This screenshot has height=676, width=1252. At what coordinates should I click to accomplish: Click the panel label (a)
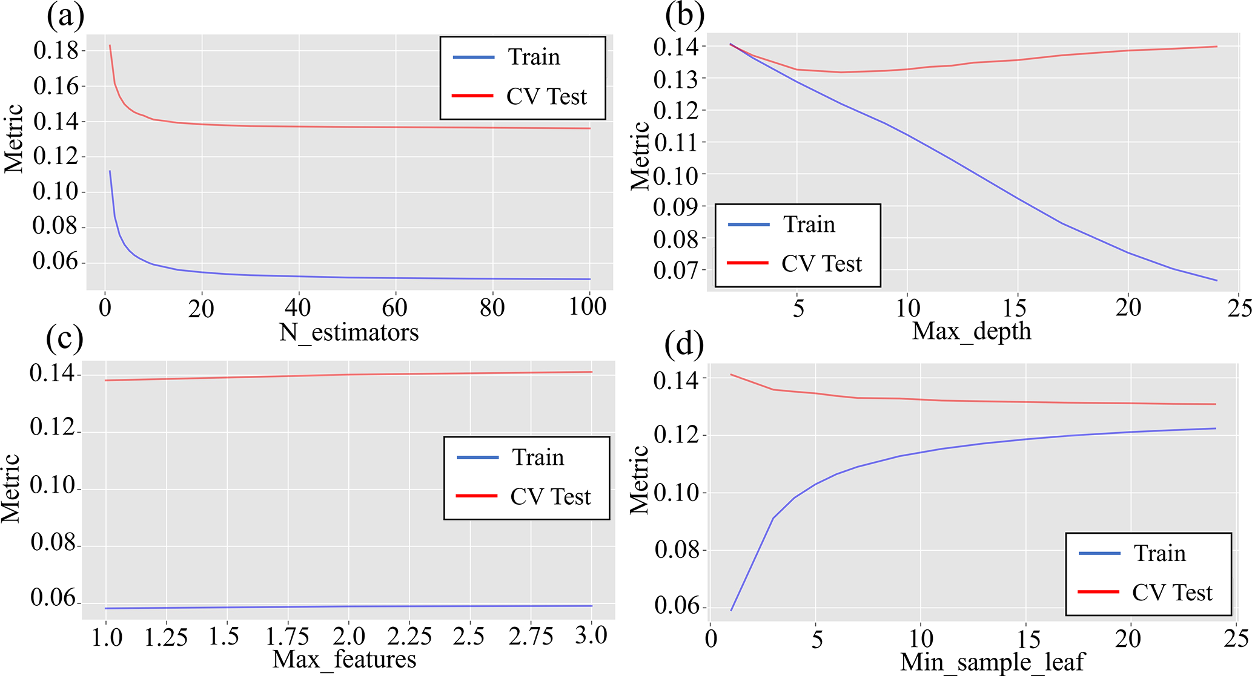(x=65, y=16)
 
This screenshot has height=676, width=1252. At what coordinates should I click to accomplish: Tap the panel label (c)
(x=65, y=340)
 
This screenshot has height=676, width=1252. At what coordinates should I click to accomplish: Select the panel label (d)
(x=684, y=345)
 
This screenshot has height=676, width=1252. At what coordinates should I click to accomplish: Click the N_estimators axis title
(x=349, y=332)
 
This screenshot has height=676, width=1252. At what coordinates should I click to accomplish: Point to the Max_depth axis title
(x=972, y=331)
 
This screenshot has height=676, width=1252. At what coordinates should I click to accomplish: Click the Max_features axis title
(x=344, y=659)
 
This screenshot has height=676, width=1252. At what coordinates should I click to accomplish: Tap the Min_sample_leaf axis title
(x=993, y=662)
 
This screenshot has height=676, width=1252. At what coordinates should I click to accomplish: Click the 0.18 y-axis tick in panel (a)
(x=56, y=51)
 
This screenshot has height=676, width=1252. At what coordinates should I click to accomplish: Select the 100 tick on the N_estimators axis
(x=588, y=307)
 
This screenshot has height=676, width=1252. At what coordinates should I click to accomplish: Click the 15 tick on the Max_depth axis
(x=1015, y=308)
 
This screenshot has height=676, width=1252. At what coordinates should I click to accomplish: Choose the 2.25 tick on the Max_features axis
(x=409, y=637)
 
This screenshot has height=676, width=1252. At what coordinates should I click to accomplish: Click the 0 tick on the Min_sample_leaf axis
(x=710, y=638)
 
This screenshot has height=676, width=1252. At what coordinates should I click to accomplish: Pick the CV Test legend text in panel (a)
(x=546, y=97)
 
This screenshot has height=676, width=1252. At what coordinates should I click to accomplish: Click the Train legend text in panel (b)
(x=809, y=225)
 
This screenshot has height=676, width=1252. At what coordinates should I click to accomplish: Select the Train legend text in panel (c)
(x=538, y=458)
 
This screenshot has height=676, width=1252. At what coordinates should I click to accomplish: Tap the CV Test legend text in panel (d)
(x=1172, y=593)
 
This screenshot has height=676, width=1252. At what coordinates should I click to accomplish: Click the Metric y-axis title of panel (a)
(x=13, y=139)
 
